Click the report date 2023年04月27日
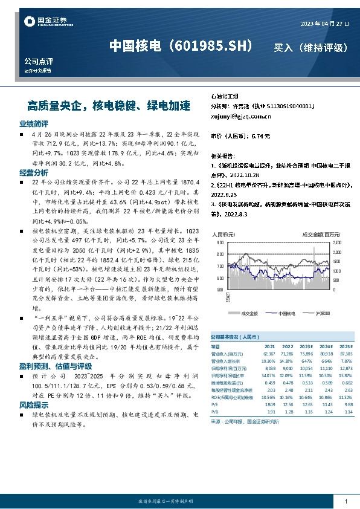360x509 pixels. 325,23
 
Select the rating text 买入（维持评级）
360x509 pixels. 311,47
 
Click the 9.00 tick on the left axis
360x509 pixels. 220,242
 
